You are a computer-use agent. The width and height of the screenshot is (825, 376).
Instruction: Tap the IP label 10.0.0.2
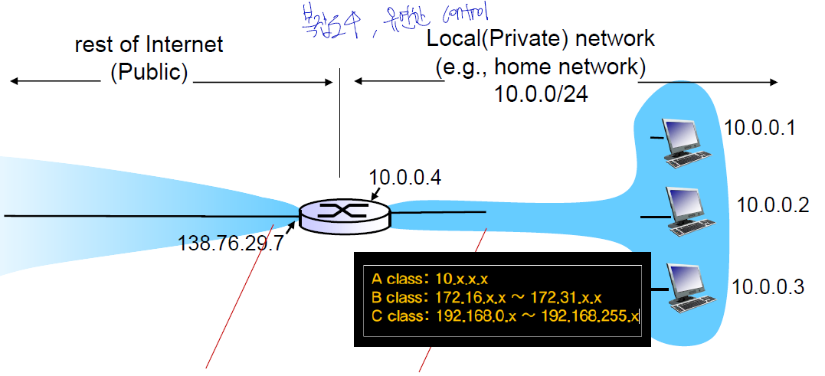773,204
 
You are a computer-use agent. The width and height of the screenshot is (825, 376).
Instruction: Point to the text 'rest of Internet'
149,44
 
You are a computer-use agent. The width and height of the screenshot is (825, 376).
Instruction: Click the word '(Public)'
149,73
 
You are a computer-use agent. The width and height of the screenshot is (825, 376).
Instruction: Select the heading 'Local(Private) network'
541,39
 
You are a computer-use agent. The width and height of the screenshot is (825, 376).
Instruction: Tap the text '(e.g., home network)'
536,67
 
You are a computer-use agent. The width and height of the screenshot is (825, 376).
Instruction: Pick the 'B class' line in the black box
486,297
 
